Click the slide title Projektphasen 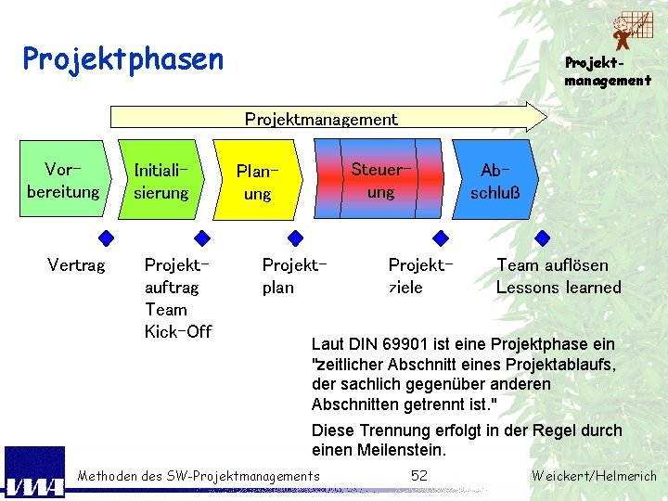click(123, 59)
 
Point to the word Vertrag click(76, 266)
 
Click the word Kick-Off click(178, 331)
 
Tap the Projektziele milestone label click(420, 276)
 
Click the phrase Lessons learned click(559, 288)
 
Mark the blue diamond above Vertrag click(108, 237)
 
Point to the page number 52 click(419, 476)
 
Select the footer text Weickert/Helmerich click(594, 477)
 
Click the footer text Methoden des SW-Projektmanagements click(199, 477)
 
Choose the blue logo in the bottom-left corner click(34, 473)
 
